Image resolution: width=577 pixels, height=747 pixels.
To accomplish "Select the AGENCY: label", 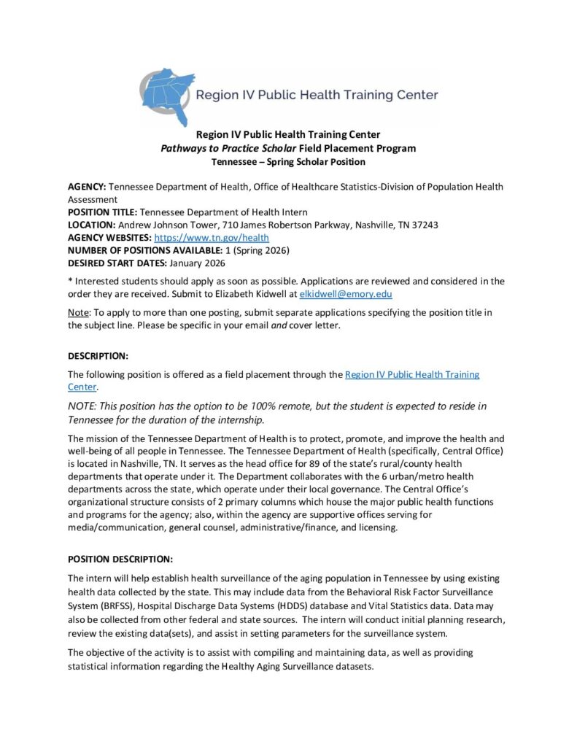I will click(x=87, y=187).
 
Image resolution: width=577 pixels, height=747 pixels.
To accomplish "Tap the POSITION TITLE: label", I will click(x=101, y=212).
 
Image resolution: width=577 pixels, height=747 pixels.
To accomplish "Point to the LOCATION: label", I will click(x=91, y=225).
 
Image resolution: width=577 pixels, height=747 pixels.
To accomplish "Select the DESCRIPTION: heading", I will click(x=98, y=356).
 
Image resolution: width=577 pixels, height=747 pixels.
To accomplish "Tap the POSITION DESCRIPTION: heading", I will click(x=120, y=560).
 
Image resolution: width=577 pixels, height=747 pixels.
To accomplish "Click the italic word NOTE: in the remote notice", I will click(x=85, y=406).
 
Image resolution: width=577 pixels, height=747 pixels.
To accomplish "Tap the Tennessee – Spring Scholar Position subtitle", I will click(x=288, y=161).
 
